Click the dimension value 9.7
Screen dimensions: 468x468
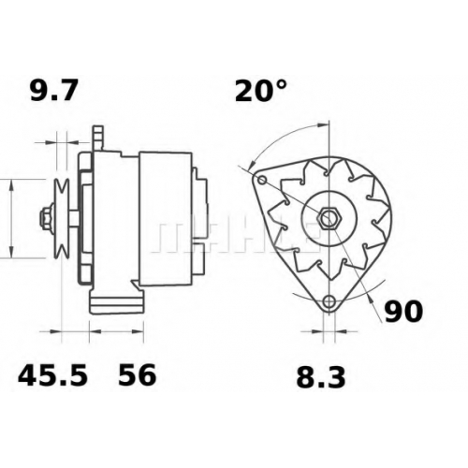(53, 91)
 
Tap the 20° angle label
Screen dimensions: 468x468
(260, 91)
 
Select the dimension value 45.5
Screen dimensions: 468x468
(52, 375)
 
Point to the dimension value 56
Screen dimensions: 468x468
(137, 375)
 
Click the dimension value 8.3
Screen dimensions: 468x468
(321, 377)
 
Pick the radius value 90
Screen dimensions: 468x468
(403, 312)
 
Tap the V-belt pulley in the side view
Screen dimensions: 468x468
(61, 219)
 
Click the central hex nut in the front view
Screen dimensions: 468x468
(329, 217)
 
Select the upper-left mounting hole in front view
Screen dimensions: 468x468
(262, 180)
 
